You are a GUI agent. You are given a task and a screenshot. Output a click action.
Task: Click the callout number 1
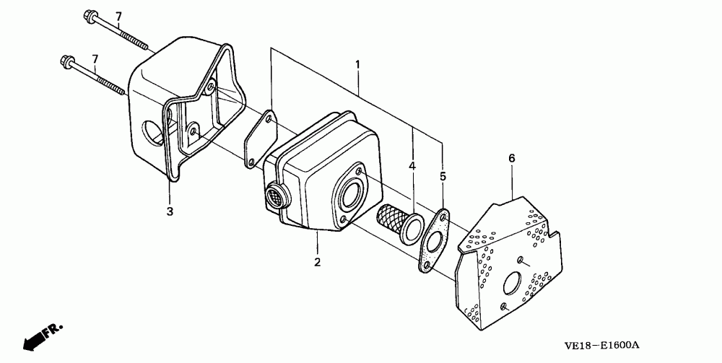click(x=357, y=64)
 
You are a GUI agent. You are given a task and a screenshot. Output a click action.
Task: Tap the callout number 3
click(x=170, y=211)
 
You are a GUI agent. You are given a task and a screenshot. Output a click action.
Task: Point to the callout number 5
click(x=443, y=175)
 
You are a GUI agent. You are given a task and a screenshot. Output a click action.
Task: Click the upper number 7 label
click(x=118, y=16)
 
